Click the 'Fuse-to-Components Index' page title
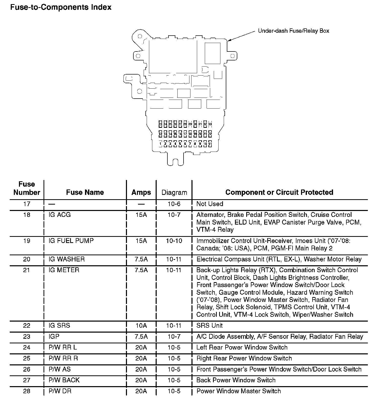point(61,7)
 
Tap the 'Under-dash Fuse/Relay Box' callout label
point(293,31)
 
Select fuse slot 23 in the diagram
point(160,124)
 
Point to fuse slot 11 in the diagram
point(210,144)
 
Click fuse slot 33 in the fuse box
point(210,124)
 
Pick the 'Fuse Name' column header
point(85,193)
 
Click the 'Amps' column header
point(141,193)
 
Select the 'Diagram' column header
point(174,193)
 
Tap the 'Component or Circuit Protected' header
point(279,193)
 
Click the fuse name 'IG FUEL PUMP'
point(71,241)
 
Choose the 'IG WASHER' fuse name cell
point(67,259)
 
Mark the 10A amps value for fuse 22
point(141,326)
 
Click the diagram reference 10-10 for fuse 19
point(174,241)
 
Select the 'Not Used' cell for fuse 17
point(210,204)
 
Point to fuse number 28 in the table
point(27,391)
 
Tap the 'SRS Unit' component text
point(209,326)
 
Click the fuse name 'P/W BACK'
point(64,380)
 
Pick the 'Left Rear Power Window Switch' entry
point(242,347)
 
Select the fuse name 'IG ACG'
point(60,215)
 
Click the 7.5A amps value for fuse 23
point(141,336)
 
